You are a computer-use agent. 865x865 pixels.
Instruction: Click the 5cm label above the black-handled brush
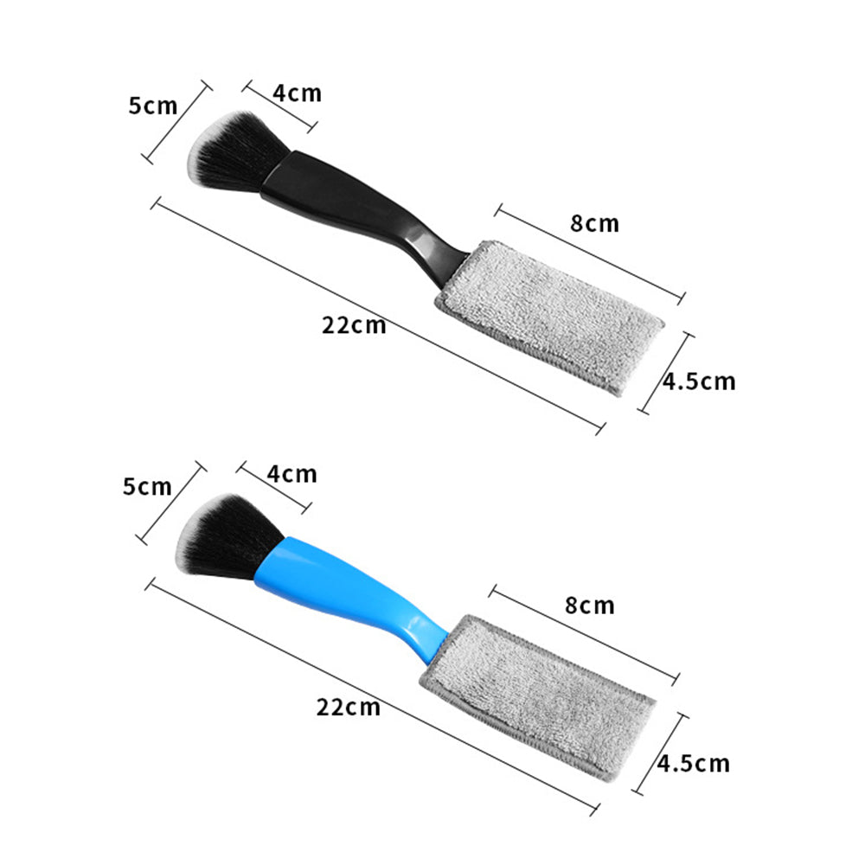point(153,106)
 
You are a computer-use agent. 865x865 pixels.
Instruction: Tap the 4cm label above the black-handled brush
point(297,93)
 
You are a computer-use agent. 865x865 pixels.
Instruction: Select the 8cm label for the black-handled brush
point(595,223)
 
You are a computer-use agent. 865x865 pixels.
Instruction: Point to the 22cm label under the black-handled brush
point(354,325)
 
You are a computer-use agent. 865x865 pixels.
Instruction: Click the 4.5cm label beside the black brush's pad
point(700,381)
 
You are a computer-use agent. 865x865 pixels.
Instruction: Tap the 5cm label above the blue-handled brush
point(147,486)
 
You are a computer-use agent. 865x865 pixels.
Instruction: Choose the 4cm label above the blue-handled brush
point(292,474)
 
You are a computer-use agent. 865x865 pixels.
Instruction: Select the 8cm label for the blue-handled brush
point(590,605)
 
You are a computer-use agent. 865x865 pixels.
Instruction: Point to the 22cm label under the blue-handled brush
point(348,708)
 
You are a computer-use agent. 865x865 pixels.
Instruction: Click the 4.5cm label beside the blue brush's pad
point(694,764)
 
